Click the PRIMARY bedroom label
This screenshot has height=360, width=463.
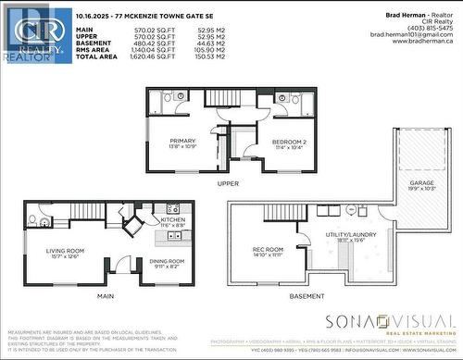click(181, 141)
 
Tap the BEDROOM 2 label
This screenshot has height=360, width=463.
click(289, 141)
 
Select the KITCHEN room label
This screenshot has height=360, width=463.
click(173, 219)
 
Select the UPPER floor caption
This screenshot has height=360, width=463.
click(229, 183)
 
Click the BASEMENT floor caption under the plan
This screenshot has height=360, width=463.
click(307, 296)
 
